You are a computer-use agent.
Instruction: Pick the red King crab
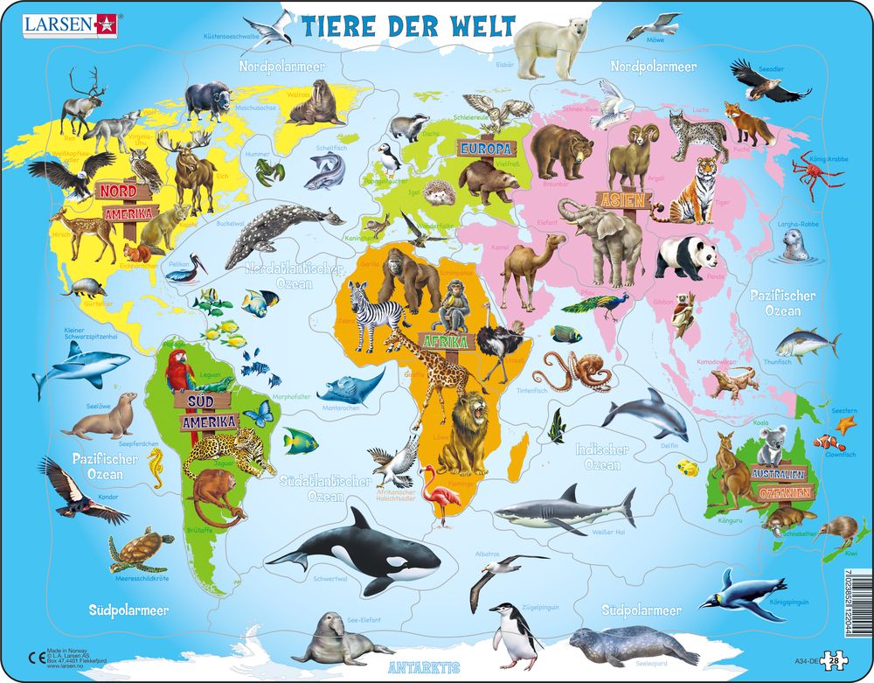coord(816,171)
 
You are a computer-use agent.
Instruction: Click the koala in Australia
coord(771,446)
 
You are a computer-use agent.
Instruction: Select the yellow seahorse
coord(156,468)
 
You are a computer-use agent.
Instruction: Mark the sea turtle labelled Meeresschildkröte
coord(140,551)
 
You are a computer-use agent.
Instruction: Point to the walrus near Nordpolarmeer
coord(316,104)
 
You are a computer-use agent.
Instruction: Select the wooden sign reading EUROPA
coord(486,148)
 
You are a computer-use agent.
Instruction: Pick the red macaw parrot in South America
coord(180,372)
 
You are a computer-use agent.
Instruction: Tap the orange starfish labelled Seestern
coord(844,426)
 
